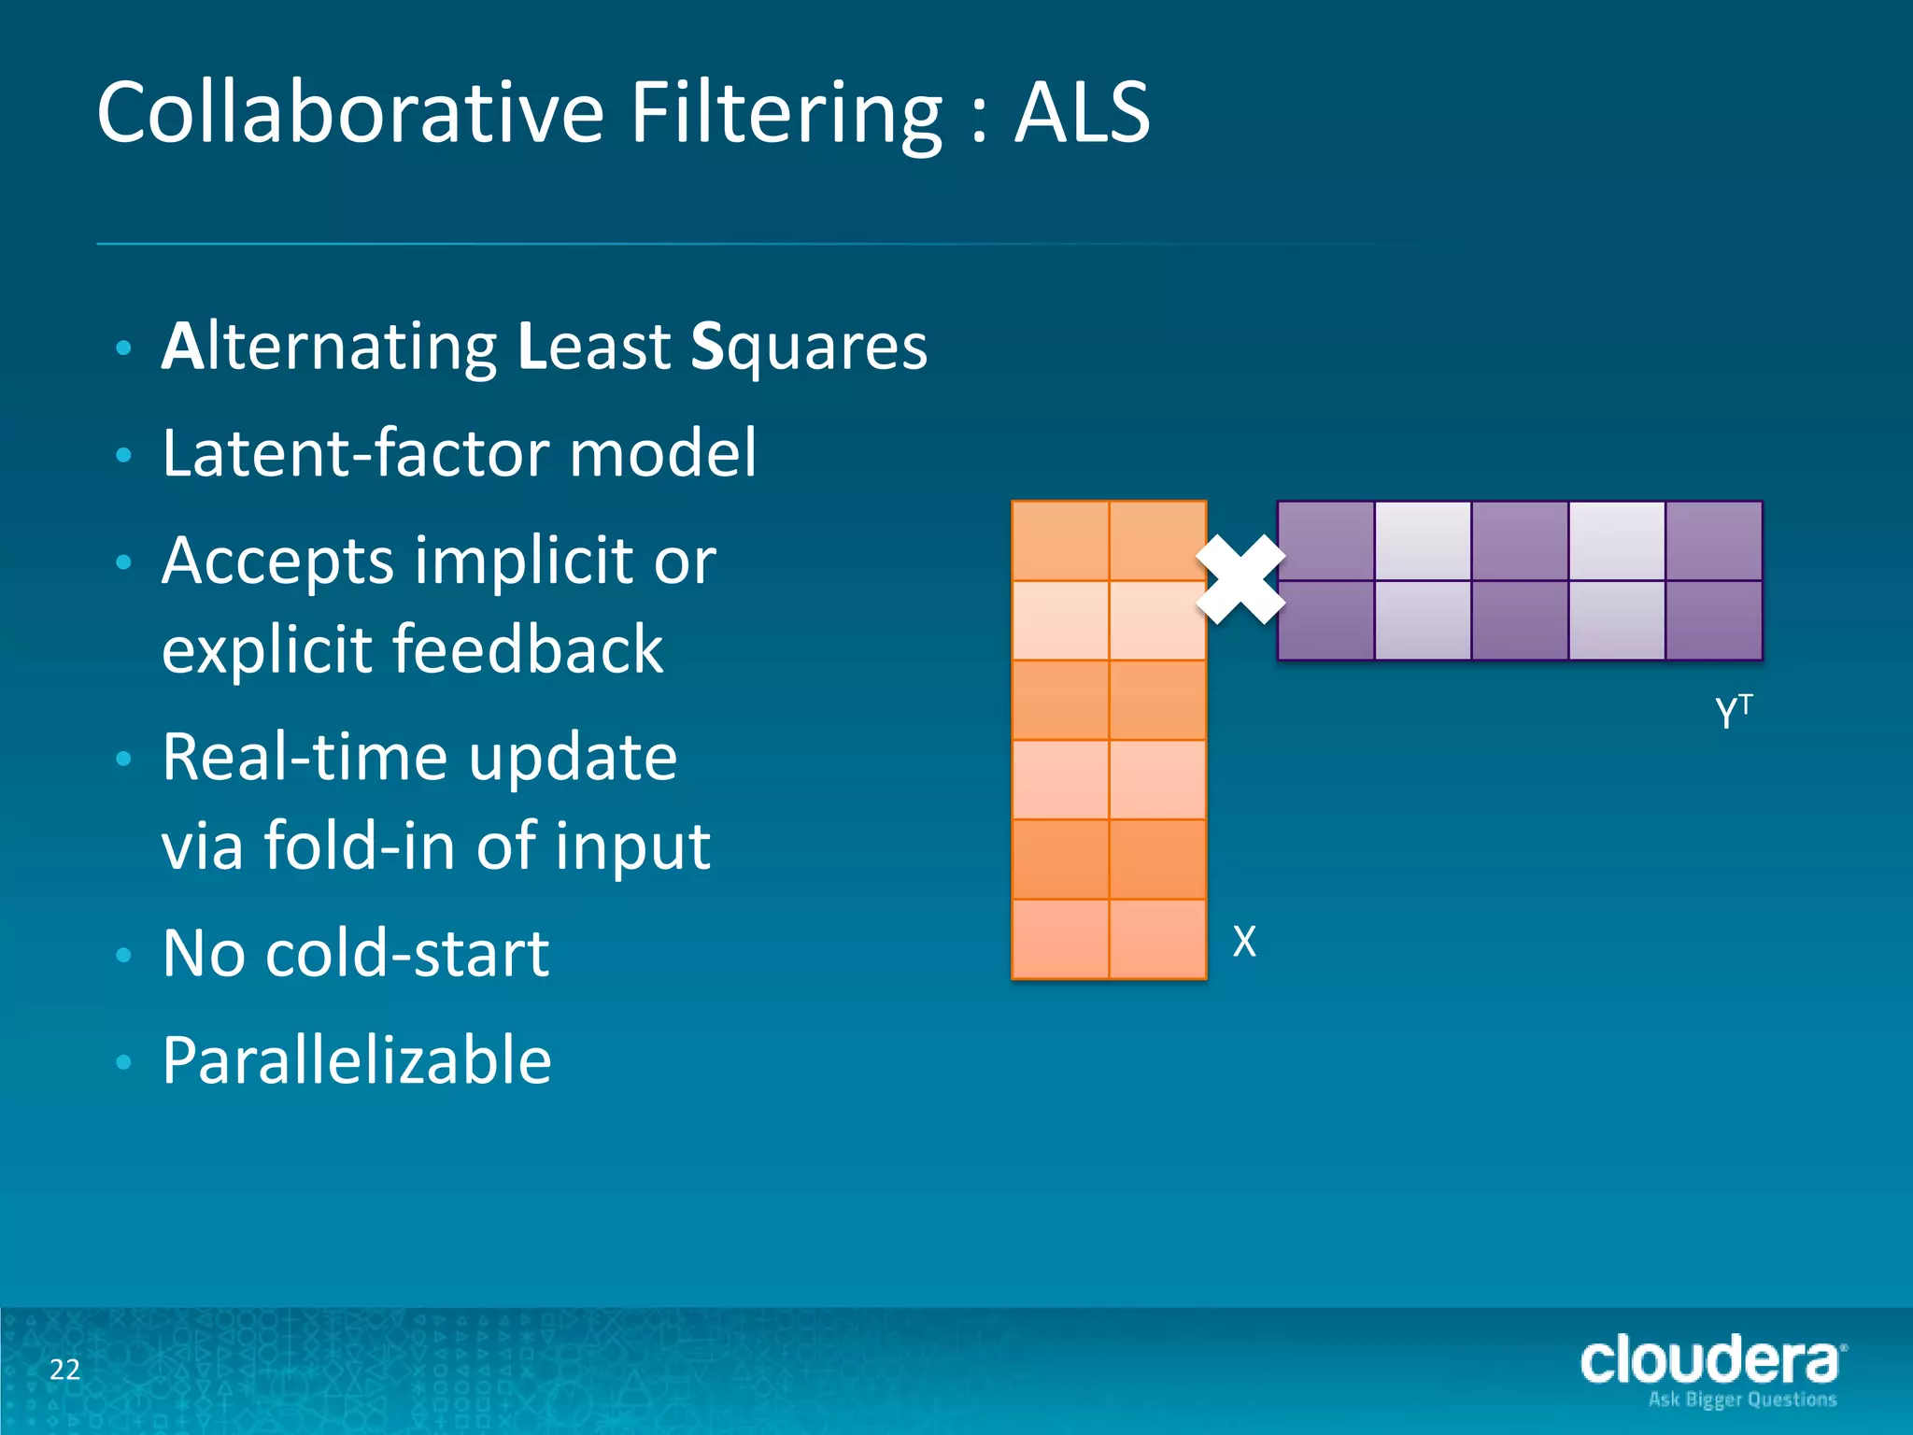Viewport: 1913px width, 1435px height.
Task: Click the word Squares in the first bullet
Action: [x=809, y=348]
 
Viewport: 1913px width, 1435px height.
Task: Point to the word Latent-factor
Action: [x=356, y=453]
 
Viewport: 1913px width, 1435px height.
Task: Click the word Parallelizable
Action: [x=357, y=1061]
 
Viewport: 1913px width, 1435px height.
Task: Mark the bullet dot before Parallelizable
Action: [x=123, y=1062]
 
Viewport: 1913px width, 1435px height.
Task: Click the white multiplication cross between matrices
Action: [x=1240, y=579]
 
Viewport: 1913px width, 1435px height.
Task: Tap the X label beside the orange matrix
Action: [x=1244, y=941]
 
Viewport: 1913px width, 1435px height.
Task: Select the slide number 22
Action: [x=64, y=1370]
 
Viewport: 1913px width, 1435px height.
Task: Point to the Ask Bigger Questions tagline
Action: [x=1742, y=1399]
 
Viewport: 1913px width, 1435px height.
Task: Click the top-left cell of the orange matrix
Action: [x=1060, y=541]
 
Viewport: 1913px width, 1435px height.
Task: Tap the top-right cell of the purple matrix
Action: [x=1713, y=541]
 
